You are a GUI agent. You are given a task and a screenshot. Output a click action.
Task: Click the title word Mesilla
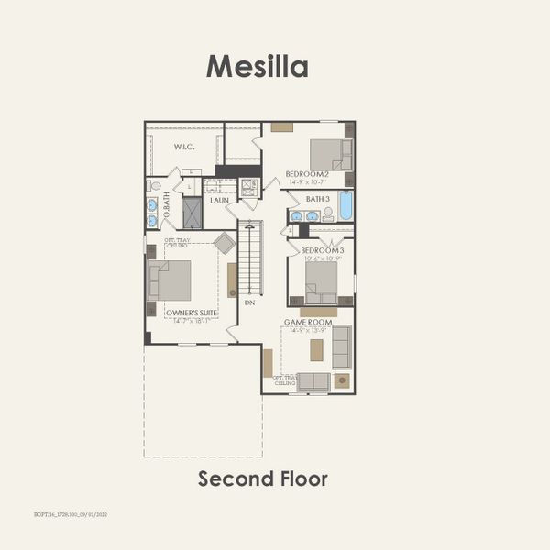[257, 66]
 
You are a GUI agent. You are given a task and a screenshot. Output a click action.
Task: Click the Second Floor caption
[263, 478]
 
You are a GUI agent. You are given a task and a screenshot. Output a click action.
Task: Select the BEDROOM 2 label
[307, 174]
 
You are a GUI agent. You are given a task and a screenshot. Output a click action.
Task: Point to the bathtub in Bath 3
[345, 206]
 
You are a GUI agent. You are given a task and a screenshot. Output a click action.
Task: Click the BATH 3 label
[317, 199]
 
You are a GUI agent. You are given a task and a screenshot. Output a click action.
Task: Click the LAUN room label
[219, 200]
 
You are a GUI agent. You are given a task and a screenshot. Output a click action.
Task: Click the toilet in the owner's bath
[154, 186]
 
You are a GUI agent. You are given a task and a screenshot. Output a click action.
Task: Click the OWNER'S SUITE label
[192, 313]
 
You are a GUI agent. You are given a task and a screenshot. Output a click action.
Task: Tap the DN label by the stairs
[248, 302]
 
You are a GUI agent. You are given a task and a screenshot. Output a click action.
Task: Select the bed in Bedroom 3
[321, 281]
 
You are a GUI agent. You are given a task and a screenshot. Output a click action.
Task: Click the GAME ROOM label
[305, 323]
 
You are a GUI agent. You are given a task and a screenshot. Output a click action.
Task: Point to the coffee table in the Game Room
[317, 350]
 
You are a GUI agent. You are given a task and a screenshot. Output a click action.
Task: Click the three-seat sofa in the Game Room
[342, 346]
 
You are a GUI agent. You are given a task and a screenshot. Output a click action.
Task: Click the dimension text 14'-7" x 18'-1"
[192, 321]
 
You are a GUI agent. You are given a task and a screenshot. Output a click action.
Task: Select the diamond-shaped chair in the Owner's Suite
[224, 243]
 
